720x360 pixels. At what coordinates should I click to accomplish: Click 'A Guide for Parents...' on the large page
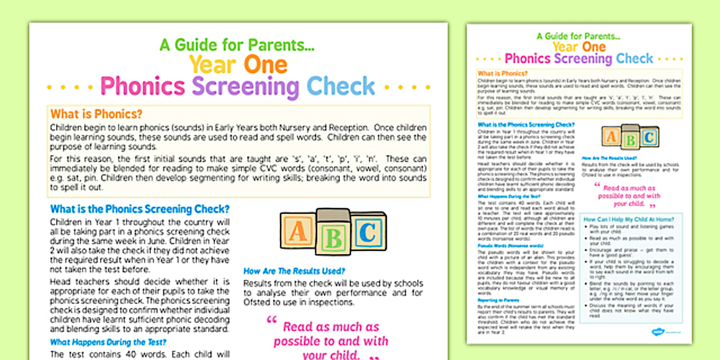click(x=237, y=45)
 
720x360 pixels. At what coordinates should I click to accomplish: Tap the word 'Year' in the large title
click(x=213, y=65)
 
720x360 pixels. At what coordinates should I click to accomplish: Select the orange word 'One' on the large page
click(x=266, y=65)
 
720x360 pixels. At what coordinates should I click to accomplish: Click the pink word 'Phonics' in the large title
click(x=142, y=87)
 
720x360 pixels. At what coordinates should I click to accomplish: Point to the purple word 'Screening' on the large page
click(x=245, y=87)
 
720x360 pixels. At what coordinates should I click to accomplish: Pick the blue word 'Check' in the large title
click(x=341, y=87)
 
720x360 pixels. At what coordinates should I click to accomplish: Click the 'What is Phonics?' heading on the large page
click(x=96, y=114)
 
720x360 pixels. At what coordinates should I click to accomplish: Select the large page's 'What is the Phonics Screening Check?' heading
click(x=140, y=209)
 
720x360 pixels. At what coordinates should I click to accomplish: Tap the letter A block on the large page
click(x=298, y=232)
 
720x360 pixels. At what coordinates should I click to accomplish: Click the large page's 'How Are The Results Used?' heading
click(x=294, y=271)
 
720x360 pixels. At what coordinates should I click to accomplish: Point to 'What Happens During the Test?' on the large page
click(x=109, y=343)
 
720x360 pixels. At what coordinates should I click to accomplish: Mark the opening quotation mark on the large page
click(x=271, y=321)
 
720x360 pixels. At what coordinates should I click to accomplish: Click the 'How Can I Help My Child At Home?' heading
click(x=629, y=219)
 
